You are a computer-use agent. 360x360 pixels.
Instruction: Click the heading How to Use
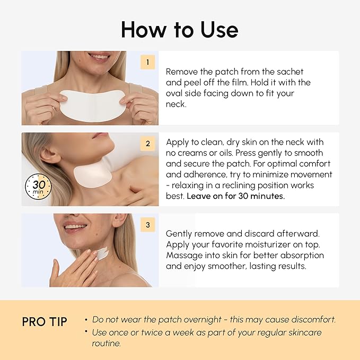pos(180,29)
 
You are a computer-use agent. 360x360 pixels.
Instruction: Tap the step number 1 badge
pos(147,62)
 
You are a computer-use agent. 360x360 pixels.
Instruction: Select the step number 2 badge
pos(147,143)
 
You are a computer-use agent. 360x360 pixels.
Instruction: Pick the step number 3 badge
pos(147,225)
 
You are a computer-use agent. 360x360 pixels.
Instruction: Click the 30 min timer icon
pos(38,187)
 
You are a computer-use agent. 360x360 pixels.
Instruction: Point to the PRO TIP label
pos(45,322)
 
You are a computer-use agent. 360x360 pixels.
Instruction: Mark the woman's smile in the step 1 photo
pos(99,56)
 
